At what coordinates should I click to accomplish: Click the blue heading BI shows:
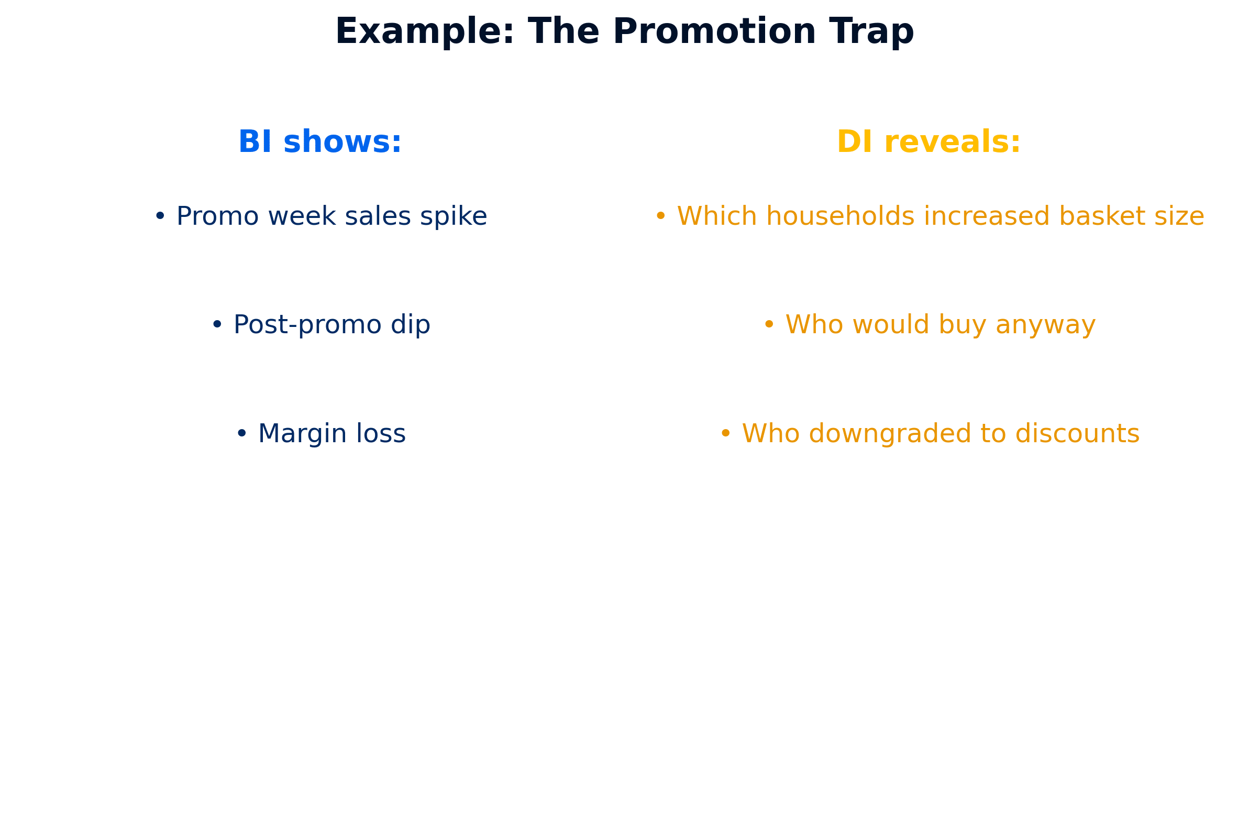[320, 142]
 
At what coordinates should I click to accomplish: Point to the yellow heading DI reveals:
[929, 142]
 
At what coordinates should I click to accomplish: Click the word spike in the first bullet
[454, 217]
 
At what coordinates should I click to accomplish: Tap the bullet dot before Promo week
[160, 216]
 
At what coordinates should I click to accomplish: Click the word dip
[411, 325]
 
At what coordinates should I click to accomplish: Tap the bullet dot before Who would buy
[769, 324]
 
